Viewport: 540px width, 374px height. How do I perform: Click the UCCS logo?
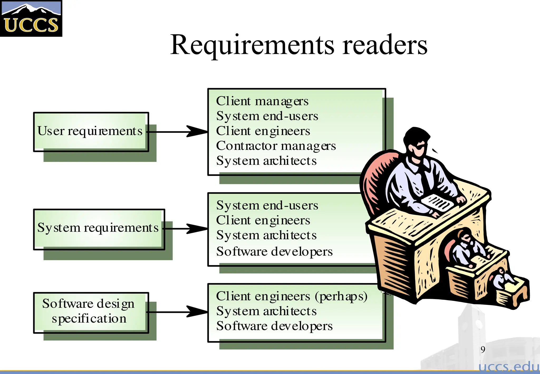coord(31,18)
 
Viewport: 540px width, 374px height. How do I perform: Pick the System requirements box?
coord(99,228)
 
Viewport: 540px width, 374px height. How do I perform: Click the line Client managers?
coord(262,101)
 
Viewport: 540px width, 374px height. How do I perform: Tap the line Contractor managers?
coord(276,146)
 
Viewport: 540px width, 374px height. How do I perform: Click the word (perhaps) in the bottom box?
coord(341,296)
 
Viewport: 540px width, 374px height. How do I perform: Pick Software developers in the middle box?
coord(274,251)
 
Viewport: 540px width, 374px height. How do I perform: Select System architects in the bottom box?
coord(266,311)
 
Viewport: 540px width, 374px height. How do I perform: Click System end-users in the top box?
coord(267,116)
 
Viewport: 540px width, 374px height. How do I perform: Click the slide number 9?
coord(483,349)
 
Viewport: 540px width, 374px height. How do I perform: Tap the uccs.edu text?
coord(509,367)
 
